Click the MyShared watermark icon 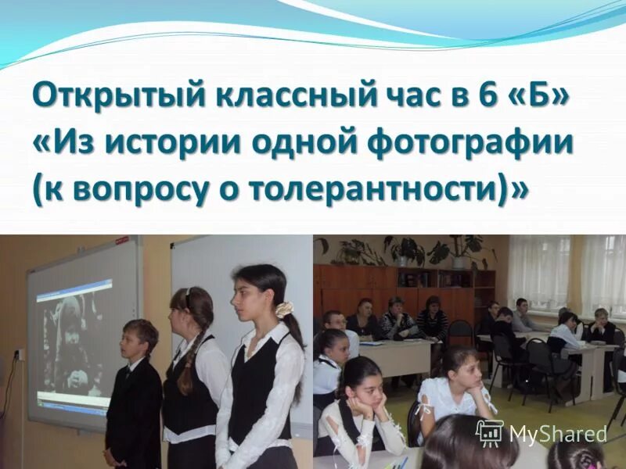point(489,433)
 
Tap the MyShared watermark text point(557,434)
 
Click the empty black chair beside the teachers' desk point(460,331)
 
